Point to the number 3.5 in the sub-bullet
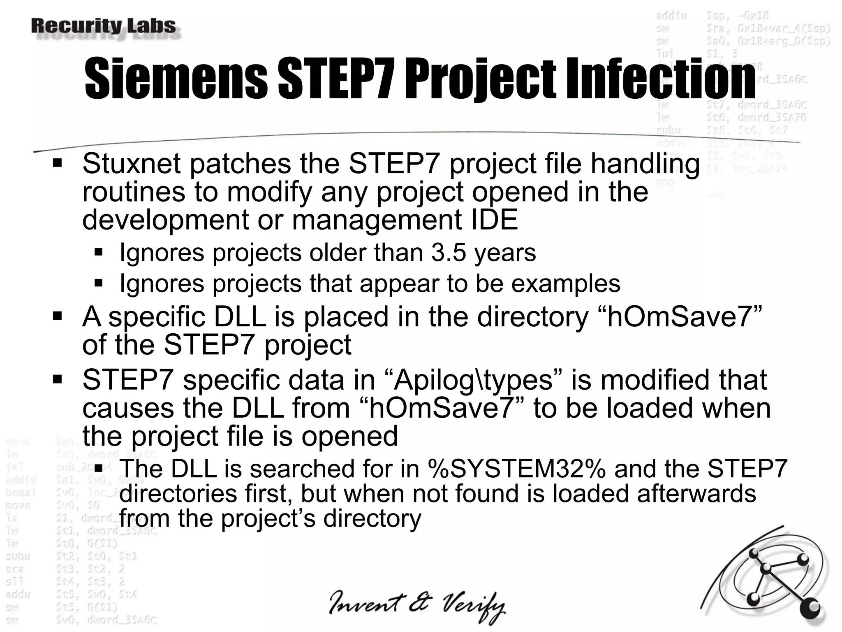coord(449,252)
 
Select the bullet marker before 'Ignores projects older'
coord(98,252)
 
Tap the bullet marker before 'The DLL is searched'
coord(98,468)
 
